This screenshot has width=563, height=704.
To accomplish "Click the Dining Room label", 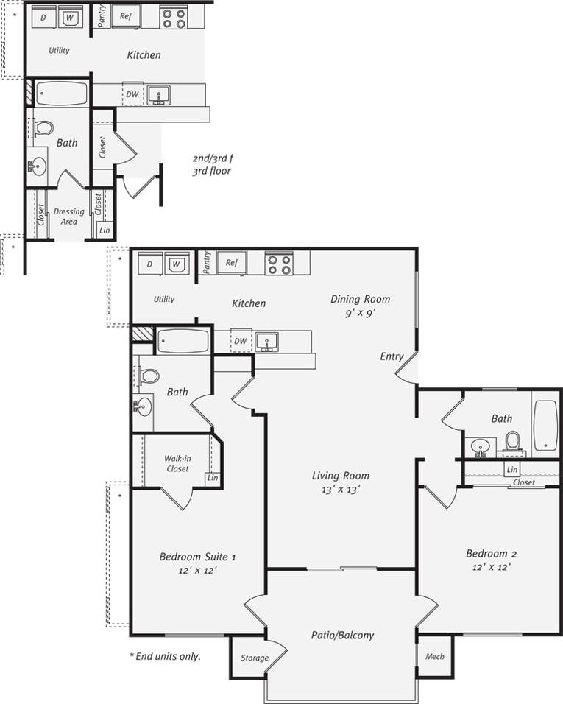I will click(360, 299).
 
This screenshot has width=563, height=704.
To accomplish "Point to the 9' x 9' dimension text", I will click(360, 312).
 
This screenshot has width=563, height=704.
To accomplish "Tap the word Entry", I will click(392, 356).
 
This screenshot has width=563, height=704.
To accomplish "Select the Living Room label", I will click(340, 475).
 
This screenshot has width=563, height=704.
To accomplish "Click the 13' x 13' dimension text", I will click(340, 488).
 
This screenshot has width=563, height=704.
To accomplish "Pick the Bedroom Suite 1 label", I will click(197, 556).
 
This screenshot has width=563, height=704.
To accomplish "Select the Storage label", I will click(250, 658).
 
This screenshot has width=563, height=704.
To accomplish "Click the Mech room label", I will click(435, 656).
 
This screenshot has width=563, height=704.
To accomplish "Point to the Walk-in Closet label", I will click(177, 463).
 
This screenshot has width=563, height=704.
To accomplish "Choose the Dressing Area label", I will click(68, 216).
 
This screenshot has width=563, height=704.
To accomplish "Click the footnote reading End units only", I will click(165, 655).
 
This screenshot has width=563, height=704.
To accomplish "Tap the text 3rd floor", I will click(212, 171).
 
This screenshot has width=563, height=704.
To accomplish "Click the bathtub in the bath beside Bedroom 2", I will click(545, 426).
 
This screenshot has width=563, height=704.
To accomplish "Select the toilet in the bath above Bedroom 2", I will click(513, 440).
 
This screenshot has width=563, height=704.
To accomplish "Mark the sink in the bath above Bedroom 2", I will click(481, 446).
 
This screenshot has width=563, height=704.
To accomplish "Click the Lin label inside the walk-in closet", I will click(213, 479).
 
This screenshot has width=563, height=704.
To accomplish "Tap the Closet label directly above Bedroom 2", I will click(524, 482).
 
